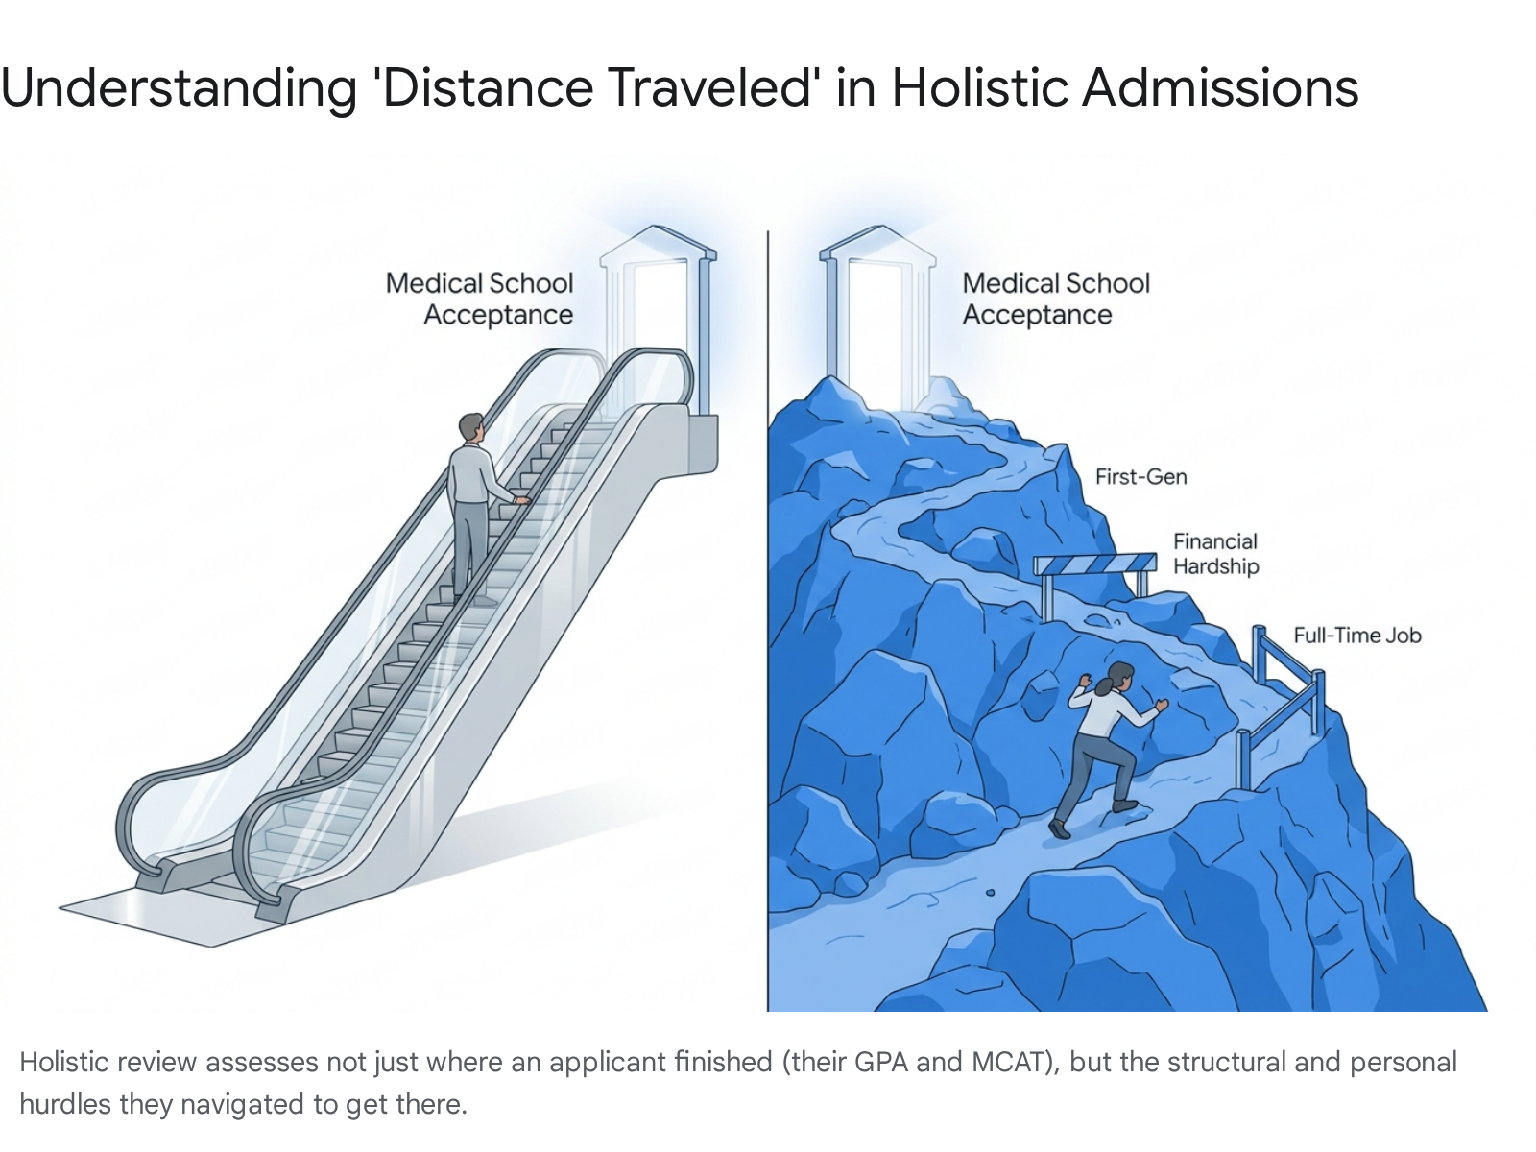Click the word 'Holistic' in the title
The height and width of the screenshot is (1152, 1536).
point(979,88)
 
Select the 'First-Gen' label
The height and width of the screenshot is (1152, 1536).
point(1140,476)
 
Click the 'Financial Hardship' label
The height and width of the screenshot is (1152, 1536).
point(1215,553)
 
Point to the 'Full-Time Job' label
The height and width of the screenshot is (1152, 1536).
point(1356,636)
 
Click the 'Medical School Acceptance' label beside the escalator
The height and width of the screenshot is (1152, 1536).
point(480,299)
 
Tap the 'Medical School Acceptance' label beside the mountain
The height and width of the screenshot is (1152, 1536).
point(1056,299)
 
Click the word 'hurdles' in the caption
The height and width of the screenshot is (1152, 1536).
point(64,1104)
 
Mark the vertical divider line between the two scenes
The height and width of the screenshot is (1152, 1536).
point(768,620)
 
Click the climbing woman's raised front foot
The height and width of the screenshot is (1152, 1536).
point(1125,805)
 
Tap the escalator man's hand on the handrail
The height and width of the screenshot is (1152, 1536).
point(522,499)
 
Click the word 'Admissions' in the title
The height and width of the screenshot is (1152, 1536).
point(1220,88)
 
